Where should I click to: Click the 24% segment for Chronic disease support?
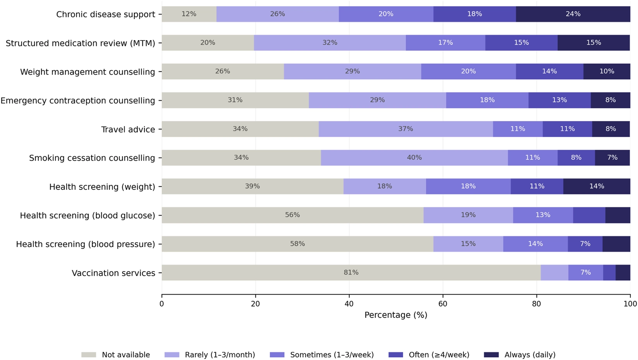click(x=573, y=14)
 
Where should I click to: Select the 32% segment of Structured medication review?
click(x=330, y=43)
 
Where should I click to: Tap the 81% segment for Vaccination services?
click(x=351, y=273)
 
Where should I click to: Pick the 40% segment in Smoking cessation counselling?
click(x=414, y=158)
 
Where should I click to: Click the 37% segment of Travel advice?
click(x=406, y=129)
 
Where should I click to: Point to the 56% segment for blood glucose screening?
click(x=292, y=215)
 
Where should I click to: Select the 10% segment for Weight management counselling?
click(x=607, y=72)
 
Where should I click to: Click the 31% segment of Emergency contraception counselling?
click(x=235, y=100)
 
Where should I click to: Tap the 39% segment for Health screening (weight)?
click(x=253, y=186)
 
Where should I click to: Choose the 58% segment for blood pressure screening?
click(x=298, y=244)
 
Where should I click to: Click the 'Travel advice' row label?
click(x=128, y=130)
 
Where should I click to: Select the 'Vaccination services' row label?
click(x=113, y=273)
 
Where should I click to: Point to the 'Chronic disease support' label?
click(x=106, y=15)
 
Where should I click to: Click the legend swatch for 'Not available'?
click(x=89, y=355)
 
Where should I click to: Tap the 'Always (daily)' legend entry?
click(x=520, y=355)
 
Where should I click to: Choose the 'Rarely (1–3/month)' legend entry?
click(x=210, y=355)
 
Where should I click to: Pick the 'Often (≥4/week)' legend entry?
click(x=429, y=355)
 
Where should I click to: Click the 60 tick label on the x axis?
click(x=443, y=304)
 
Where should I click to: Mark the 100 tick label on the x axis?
click(x=630, y=304)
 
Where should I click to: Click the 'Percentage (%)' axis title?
click(x=396, y=315)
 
